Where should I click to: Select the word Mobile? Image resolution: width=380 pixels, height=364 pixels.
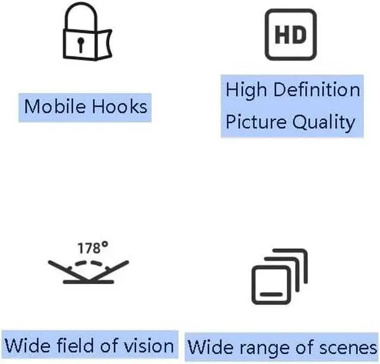click(55, 107)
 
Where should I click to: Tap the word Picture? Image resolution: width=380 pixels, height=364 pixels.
click(256, 123)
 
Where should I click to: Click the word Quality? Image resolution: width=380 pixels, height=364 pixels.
click(324, 123)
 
